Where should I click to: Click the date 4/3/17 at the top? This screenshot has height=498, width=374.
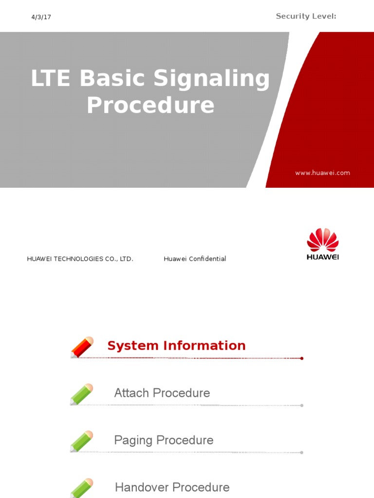coord(41,17)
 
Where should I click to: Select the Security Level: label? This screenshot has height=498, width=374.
coord(306,16)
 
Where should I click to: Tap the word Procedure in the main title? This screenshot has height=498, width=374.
coord(150,106)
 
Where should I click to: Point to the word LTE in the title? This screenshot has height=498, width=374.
coord(51,79)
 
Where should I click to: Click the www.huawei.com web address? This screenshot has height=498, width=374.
coord(322,173)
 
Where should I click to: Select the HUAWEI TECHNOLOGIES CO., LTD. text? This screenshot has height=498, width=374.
coord(80,259)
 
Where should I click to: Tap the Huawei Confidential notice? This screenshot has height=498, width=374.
coord(195,259)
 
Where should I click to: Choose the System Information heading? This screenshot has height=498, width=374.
coord(176,346)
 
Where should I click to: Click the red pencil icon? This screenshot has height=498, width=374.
coord(81,347)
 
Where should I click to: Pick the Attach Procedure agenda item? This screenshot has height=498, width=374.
coord(162,393)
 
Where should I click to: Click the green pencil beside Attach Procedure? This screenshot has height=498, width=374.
coord(81,394)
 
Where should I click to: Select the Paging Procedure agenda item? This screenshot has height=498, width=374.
coord(164,440)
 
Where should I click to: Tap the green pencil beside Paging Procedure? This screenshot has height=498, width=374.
coord(81,442)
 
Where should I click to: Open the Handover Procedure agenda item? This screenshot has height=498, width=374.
coord(172,487)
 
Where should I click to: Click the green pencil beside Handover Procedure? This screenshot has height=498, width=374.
coord(81,488)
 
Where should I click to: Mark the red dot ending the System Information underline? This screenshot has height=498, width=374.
coord(302,358)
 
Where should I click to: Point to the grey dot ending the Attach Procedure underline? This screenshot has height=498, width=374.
coord(302,405)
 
